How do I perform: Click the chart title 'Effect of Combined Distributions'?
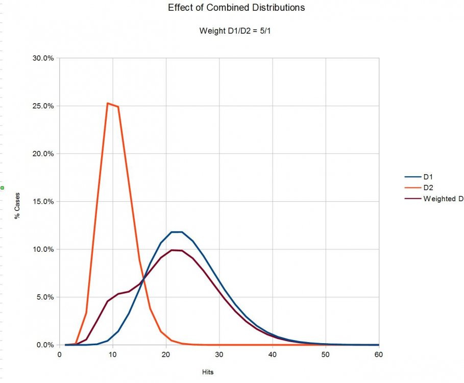[236, 8]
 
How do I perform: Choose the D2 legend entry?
[428, 187]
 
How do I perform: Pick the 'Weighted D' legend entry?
[442, 199]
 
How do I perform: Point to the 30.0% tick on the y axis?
[43, 58]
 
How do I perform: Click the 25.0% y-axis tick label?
[43, 106]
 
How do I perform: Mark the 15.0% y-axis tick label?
[43, 202]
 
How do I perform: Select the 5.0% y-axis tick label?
[45, 297]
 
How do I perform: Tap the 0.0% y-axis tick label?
[45, 345]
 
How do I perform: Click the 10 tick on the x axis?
[113, 355]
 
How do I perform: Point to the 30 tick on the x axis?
[219, 355]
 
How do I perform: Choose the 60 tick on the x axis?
[378, 355]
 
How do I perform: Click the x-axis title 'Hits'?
[207, 372]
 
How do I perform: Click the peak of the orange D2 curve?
[108, 103]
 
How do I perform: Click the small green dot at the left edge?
[2, 188]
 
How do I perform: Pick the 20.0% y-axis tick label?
[43, 154]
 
